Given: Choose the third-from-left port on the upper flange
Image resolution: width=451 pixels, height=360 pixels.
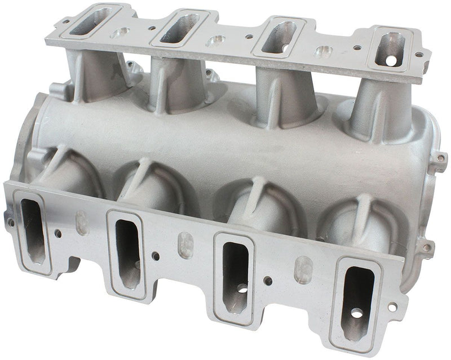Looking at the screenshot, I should coord(280,35).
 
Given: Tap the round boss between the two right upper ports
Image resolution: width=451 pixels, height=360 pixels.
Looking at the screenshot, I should coord(322,52).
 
